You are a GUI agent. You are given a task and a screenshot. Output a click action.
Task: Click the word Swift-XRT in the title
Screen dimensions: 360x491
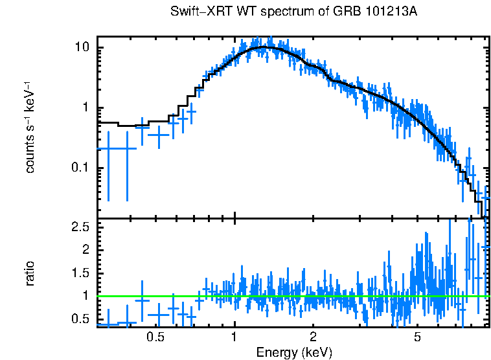pyautogui.click(x=194, y=12)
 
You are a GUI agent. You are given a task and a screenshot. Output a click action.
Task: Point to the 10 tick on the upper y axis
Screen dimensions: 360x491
pyautogui.click(x=82, y=48)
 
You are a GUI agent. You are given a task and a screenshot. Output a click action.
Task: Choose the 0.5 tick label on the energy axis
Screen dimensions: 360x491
pyautogui.click(x=155, y=337)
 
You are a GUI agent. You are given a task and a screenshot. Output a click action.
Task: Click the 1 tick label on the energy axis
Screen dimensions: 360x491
pyautogui.click(x=234, y=337)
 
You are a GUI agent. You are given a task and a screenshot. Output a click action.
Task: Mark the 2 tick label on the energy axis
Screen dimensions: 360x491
pyautogui.click(x=313, y=337)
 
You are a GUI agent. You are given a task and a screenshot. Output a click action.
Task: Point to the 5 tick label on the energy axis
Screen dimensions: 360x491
pyautogui.click(x=417, y=337)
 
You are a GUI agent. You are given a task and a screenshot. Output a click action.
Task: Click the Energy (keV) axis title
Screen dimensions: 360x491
pyautogui.click(x=294, y=352)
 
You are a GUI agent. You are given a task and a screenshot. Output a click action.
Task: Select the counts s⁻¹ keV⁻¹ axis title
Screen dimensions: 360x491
pyautogui.click(x=30, y=127)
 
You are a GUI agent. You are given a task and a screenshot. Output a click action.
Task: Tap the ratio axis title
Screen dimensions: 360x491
pyautogui.click(x=30, y=273)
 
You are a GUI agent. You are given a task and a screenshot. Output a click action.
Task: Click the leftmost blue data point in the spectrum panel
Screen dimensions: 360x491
pyautogui.click(x=108, y=148)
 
